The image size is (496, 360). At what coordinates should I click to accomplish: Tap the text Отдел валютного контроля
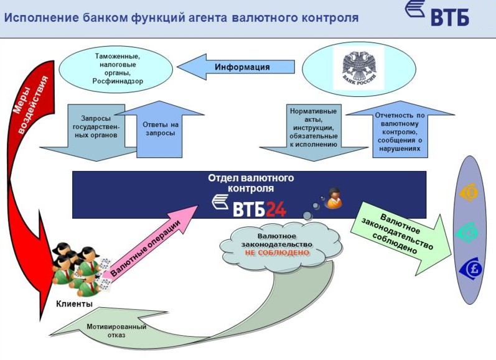tap(250, 183)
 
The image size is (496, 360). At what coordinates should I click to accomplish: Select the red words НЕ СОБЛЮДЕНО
tap(277, 254)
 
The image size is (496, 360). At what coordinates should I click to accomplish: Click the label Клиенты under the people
tap(74, 304)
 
